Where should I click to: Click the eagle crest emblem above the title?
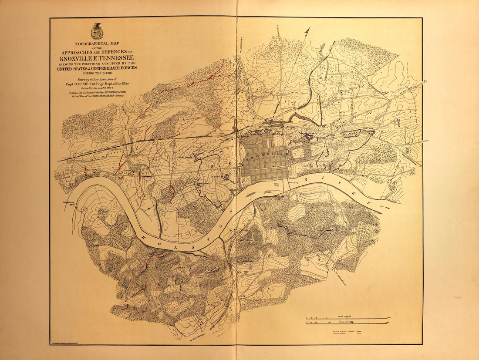97,31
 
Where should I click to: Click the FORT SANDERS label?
186,158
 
